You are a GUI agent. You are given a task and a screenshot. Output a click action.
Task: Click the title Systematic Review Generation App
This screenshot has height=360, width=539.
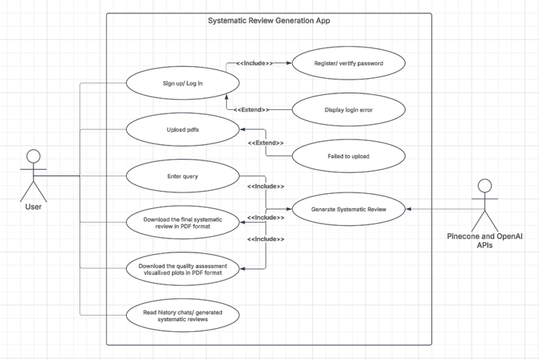269,20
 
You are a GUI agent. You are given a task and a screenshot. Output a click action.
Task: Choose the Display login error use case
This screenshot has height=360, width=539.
347,110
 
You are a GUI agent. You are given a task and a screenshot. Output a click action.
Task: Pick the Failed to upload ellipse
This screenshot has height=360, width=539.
347,157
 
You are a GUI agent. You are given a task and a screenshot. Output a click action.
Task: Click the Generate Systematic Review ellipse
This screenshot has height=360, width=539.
347,209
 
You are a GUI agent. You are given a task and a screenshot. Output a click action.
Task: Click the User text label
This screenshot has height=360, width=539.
33,207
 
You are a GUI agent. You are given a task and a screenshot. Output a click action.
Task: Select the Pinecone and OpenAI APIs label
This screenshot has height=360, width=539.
484,240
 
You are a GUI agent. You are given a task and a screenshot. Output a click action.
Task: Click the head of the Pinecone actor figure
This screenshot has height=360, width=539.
484,185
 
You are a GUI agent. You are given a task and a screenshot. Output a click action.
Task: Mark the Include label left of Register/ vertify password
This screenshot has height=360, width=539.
255,62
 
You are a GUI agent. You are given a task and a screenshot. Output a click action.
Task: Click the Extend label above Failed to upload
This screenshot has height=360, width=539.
266,143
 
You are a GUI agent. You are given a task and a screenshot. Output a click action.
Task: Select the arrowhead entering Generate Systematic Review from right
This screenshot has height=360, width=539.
410,209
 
